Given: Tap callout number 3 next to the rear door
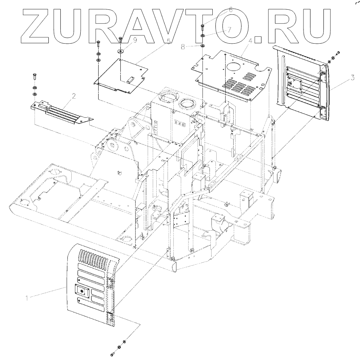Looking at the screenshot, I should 352,78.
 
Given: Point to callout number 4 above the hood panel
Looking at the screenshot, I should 250,41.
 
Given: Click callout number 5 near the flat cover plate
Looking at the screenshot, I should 169,41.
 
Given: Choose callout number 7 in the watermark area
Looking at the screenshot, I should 229,29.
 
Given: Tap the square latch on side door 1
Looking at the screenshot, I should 82,290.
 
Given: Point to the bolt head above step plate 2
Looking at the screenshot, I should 35,74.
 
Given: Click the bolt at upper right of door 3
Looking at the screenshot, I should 337,53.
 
